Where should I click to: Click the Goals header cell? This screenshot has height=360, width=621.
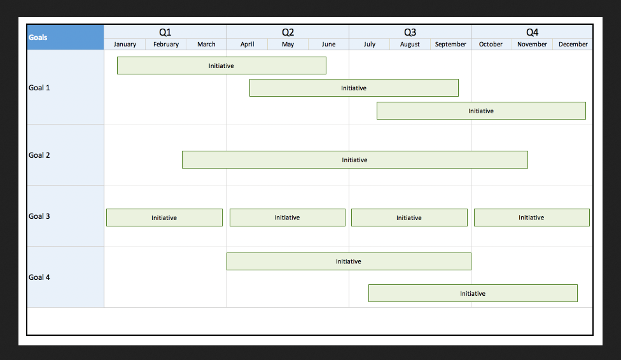click(66, 38)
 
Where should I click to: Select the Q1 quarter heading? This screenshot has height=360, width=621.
click(165, 32)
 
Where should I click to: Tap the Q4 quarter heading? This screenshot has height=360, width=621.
click(532, 32)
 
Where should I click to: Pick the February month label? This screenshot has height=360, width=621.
click(166, 45)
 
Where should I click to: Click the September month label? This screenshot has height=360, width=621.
click(450, 45)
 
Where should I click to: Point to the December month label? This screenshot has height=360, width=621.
click(573, 45)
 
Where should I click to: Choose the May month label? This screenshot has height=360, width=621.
click(288, 45)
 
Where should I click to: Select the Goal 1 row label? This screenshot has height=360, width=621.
click(39, 88)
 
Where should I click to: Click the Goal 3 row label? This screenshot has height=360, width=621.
click(39, 216)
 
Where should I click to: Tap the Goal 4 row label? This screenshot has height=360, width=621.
click(39, 277)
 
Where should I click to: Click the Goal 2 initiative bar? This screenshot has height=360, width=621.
click(355, 160)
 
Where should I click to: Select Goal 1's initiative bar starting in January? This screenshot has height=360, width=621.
click(221, 66)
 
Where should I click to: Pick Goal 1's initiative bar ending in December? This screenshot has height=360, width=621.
click(481, 111)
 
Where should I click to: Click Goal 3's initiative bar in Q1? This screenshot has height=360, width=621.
click(164, 218)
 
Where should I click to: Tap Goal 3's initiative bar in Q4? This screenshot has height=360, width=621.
click(532, 218)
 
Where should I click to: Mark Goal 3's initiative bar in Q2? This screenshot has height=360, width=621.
click(288, 218)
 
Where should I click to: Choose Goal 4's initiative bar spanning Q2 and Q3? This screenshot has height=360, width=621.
click(349, 261)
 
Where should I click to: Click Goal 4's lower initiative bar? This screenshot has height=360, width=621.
click(473, 293)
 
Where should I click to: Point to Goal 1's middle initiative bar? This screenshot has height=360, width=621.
click(354, 88)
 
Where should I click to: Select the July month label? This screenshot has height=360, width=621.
click(370, 45)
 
